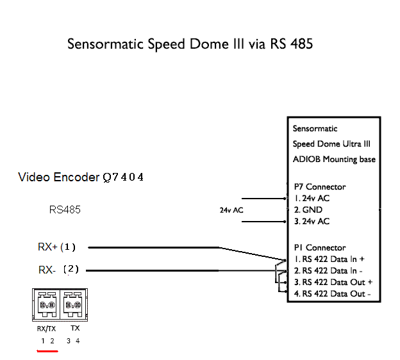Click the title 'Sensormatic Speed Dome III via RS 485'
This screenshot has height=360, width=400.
click(x=190, y=44)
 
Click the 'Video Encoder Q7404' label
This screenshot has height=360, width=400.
click(x=81, y=177)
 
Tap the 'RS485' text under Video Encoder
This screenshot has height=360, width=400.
click(x=65, y=210)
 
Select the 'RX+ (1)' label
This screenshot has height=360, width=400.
click(x=56, y=247)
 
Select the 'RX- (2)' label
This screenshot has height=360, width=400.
click(x=59, y=270)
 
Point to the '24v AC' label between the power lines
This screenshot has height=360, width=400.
click(x=231, y=210)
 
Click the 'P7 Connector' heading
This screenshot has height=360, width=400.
click(x=320, y=187)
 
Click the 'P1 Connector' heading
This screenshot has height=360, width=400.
click(x=320, y=247)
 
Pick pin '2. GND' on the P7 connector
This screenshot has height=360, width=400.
click(x=308, y=210)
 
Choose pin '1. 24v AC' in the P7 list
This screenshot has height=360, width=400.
click(x=312, y=199)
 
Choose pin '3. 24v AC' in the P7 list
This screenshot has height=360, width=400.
click(x=312, y=221)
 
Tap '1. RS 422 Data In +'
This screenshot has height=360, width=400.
click(x=329, y=259)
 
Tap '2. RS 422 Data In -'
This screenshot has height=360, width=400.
click(x=328, y=271)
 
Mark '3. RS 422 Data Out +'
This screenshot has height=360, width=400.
click(x=333, y=282)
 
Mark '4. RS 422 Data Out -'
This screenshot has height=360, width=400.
click(x=333, y=294)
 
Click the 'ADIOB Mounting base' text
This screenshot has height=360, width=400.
click(x=334, y=160)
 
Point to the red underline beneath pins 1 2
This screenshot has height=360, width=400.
click(x=47, y=351)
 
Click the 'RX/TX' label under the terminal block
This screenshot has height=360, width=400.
click(x=46, y=329)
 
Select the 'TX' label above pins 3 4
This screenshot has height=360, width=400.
click(x=75, y=328)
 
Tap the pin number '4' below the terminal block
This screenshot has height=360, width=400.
click(x=78, y=341)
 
